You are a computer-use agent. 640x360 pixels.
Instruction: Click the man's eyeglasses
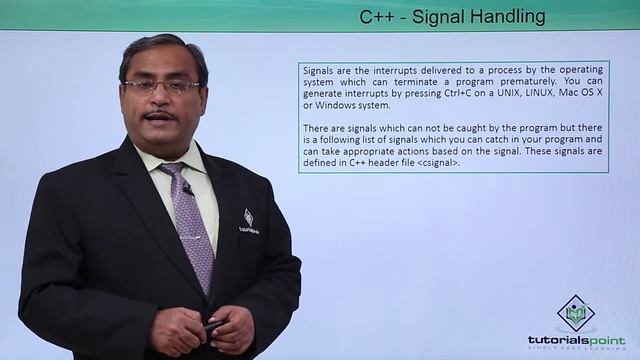(162, 87)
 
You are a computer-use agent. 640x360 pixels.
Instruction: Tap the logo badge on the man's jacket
(248, 219)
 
